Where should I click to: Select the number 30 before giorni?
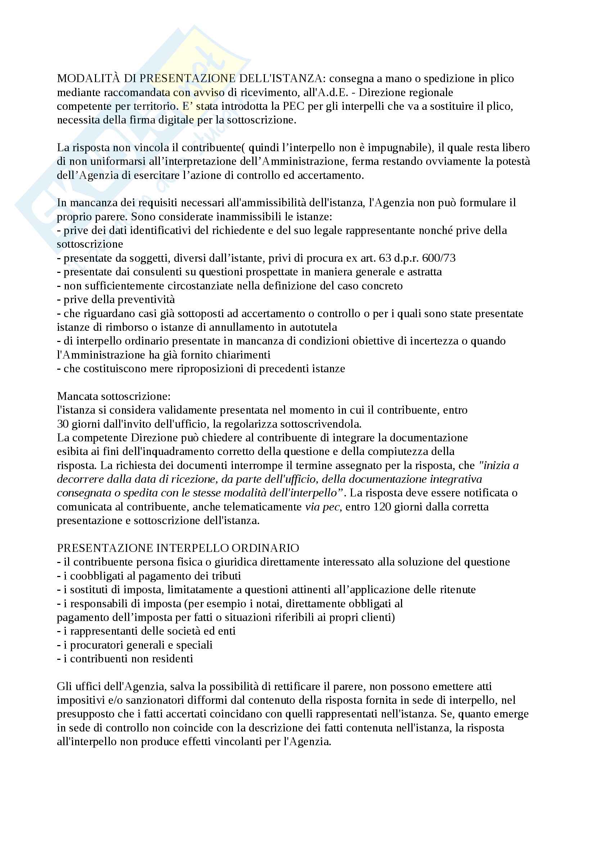tap(63, 424)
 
